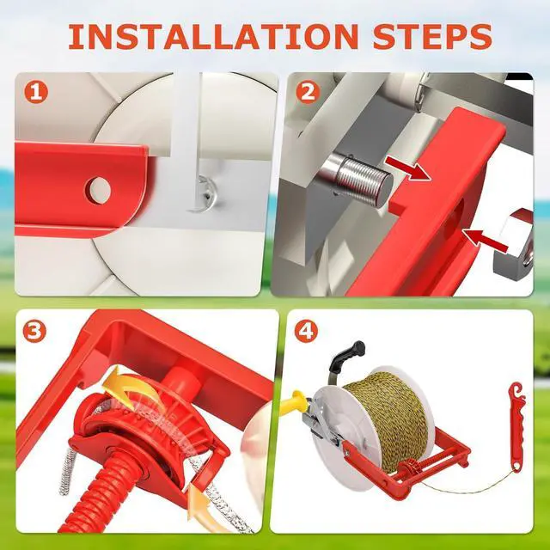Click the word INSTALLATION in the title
coord(213,36)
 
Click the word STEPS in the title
coord(432,36)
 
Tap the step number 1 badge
coord(36,92)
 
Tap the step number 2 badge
coord(308,93)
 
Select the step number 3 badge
coord(34,332)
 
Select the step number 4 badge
coord(306,331)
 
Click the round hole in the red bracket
coord(99,191)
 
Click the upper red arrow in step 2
coord(408,168)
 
